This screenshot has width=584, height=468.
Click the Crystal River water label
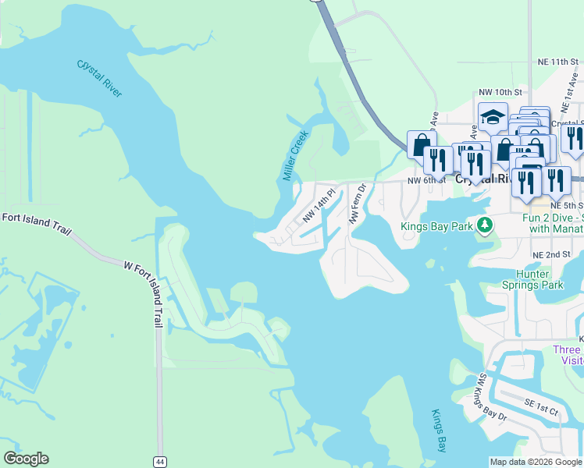100,79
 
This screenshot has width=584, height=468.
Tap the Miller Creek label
296,155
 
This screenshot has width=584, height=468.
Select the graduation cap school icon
493,117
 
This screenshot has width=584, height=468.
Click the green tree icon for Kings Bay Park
485,225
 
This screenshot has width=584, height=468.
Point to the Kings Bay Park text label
436,227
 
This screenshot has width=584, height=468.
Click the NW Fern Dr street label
358,204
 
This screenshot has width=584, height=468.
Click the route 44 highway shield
159,461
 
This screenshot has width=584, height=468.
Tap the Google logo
26,459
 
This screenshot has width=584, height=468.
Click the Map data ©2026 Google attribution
535,462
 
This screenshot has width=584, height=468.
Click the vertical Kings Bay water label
440,431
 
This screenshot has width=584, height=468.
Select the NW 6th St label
426,180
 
